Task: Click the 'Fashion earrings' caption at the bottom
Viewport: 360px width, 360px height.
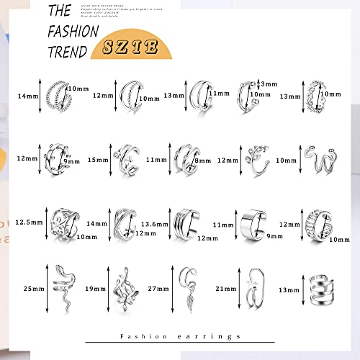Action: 180,336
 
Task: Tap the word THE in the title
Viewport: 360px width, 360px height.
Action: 59,11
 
